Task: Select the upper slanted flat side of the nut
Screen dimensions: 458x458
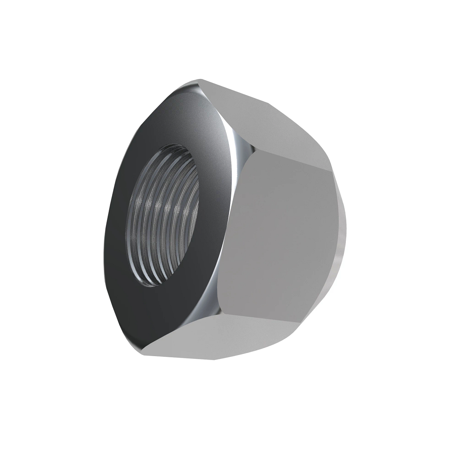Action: click(x=260, y=122)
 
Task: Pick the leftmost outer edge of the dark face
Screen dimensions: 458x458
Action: click(x=105, y=248)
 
